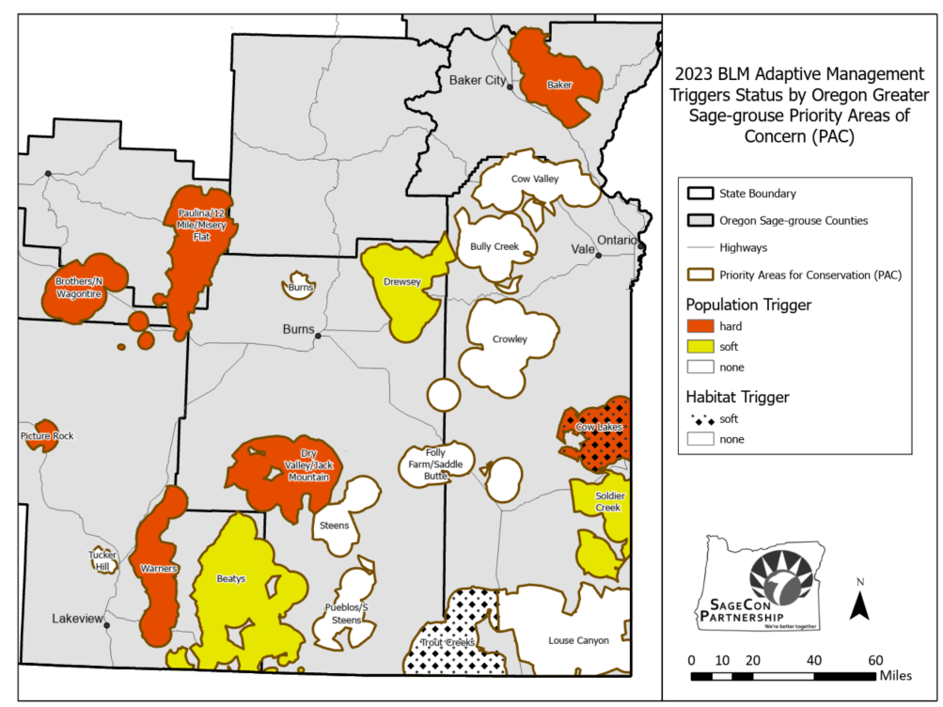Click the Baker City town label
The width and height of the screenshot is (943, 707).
[477, 80]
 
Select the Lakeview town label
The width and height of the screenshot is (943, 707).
[76, 619]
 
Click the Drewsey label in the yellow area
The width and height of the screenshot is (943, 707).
[401, 281]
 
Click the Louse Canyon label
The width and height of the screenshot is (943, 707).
[578, 640]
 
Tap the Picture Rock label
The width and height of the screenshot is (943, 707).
[46, 436]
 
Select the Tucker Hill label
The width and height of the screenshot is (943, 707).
[103, 561]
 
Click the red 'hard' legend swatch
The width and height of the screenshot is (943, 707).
[700, 326]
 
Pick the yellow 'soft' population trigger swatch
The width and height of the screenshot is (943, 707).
[700, 347]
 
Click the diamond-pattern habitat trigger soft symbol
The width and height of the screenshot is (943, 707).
[700, 418]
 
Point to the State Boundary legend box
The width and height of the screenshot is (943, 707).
[700, 194]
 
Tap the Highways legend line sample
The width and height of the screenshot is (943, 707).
[700, 248]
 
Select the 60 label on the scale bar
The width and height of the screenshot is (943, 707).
[875, 659]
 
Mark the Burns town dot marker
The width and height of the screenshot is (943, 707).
[319, 336]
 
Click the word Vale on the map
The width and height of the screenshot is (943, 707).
[582, 249]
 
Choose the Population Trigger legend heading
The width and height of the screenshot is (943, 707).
[748, 305]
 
